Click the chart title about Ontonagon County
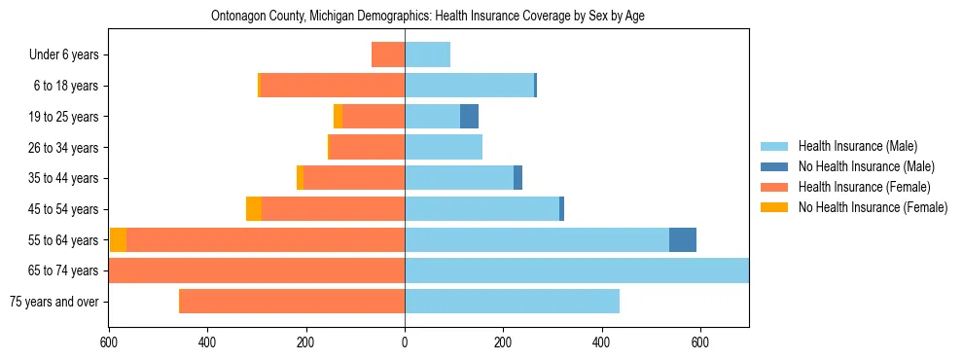point(428,16)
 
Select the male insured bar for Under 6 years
point(427,54)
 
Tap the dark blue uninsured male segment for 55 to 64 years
point(683,239)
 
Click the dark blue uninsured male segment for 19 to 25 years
point(469,117)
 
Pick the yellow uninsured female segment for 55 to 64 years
point(118,239)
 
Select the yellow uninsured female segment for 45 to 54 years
point(254,209)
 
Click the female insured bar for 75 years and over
point(292,302)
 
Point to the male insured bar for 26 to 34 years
point(444,147)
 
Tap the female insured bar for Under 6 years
point(388,54)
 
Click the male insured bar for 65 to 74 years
point(576,270)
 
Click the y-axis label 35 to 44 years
point(66,178)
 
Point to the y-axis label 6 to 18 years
point(66,86)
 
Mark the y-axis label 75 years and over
point(54,302)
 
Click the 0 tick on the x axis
point(405,342)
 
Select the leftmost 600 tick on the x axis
point(109,342)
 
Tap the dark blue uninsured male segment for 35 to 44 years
point(517,178)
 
